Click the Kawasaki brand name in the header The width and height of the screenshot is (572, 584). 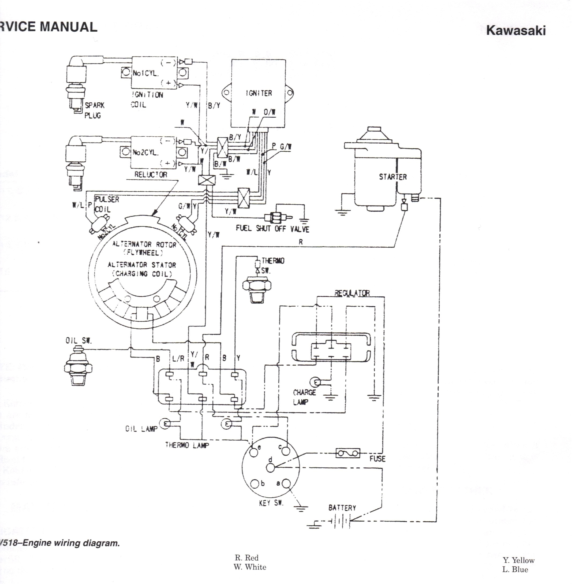click(515, 30)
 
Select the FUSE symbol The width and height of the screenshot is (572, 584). click(347, 453)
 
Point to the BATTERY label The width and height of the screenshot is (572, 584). click(342, 508)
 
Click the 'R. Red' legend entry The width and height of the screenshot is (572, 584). click(246, 557)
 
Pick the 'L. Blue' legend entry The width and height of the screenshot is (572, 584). click(515, 569)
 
